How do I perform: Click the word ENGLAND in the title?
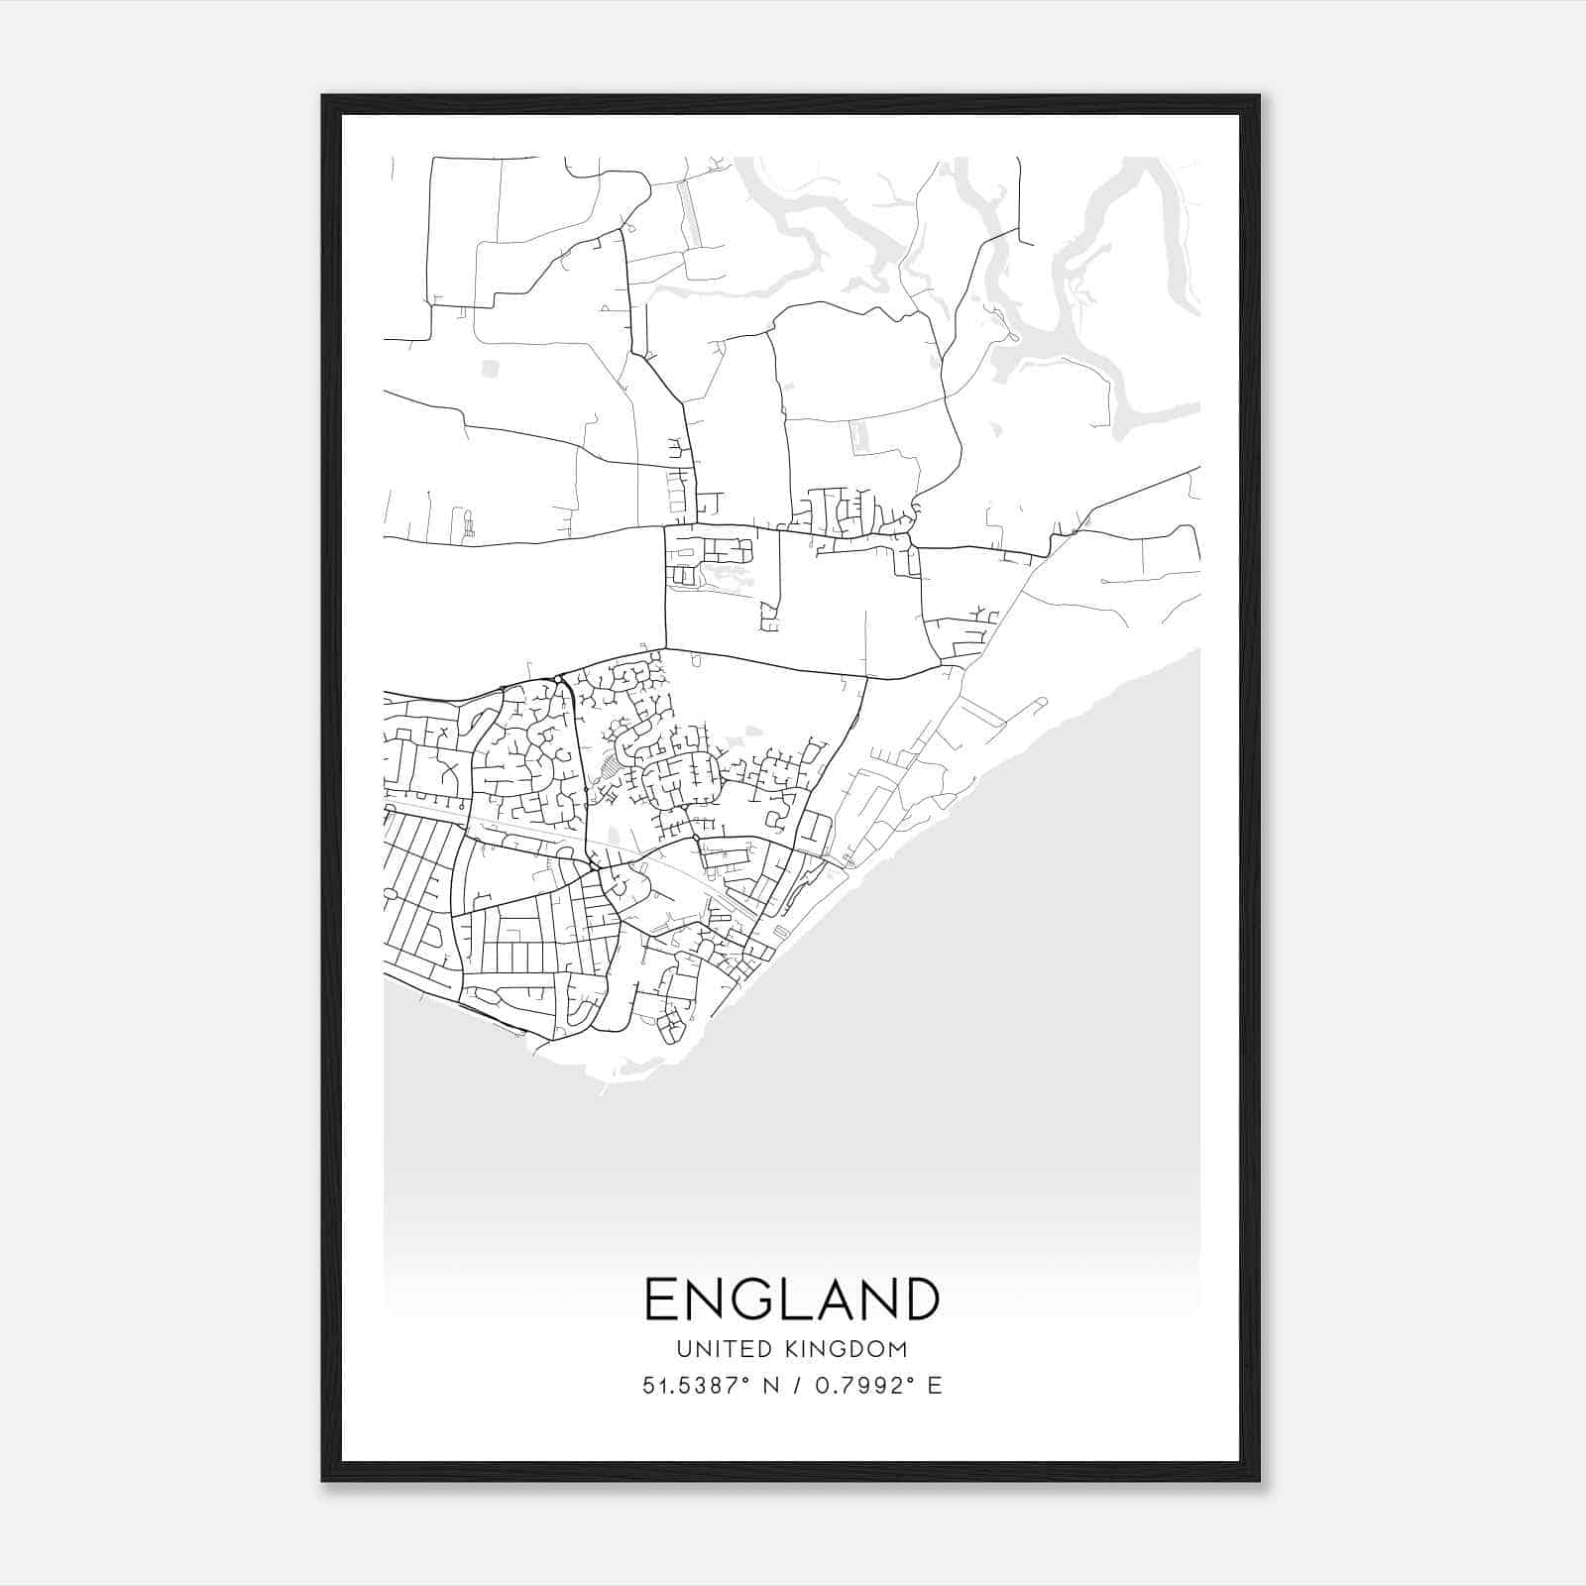[x=792, y=1299]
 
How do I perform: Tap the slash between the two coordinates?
[x=795, y=1386]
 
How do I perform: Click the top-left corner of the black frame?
[x=323, y=96]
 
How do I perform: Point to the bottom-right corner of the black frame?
[x=1259, y=1481]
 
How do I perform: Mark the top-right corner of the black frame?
[x=1259, y=96]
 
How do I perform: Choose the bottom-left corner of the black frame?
[x=323, y=1481]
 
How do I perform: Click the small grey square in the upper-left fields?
[x=490, y=369]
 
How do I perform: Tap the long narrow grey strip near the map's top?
[x=688, y=213]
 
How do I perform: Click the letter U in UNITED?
[x=684, y=1349]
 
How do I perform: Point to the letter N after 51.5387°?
[x=769, y=1386]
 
